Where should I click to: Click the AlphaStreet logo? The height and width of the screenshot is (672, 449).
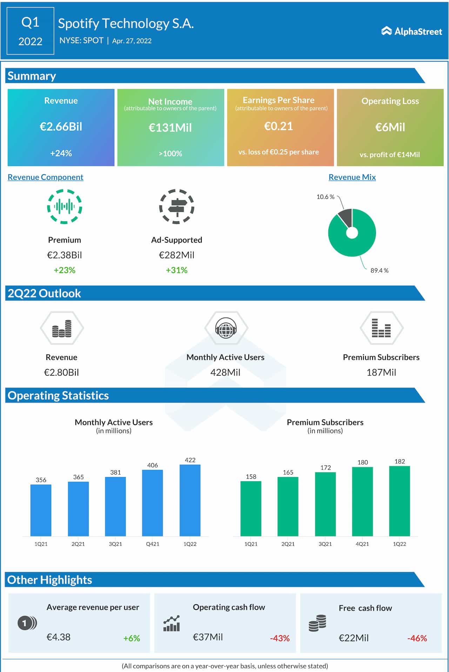[411, 32]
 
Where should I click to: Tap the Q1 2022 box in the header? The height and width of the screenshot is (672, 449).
[31, 31]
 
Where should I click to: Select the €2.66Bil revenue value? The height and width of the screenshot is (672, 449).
[61, 127]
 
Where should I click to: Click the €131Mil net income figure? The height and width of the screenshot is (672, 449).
[170, 128]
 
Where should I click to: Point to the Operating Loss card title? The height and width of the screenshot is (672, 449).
[390, 101]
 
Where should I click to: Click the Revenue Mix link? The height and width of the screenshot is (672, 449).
[352, 177]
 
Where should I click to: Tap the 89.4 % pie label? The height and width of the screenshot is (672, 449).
[379, 270]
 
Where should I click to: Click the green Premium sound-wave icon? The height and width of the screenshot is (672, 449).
[65, 207]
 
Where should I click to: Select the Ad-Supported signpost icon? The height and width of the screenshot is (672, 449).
[177, 207]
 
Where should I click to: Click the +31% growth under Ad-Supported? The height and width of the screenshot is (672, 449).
[176, 270]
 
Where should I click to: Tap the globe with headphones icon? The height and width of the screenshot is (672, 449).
[226, 328]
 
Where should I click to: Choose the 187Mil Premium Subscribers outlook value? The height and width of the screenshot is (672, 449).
[381, 372]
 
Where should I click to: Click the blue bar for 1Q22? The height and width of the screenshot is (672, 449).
[190, 500]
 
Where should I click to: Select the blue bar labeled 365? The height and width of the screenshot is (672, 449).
[78, 509]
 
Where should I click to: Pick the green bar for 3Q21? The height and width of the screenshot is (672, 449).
[325, 504]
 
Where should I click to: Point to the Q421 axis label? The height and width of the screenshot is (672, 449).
[153, 544]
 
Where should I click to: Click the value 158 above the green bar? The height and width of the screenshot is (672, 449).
[251, 477]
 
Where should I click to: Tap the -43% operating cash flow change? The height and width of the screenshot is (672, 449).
[280, 638]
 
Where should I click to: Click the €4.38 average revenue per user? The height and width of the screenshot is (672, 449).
[59, 637]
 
